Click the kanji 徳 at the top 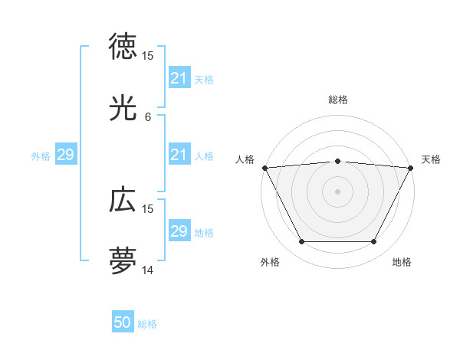point(123,47)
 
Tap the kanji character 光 point(123,108)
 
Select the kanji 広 point(123,200)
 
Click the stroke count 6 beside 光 point(148,117)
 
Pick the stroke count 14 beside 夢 point(148,270)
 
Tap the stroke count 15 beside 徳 point(148,56)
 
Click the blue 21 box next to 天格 point(179,78)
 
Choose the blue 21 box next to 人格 point(179,155)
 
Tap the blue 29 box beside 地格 point(179,231)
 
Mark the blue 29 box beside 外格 point(65,155)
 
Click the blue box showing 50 point(123,323)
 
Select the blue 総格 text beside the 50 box point(148,324)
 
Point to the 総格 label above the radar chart point(338,100)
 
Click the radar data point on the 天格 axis point(412,168)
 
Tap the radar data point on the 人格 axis point(264,168)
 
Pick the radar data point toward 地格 point(374,242)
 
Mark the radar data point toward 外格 point(301,242)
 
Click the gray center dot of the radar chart point(338,191)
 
